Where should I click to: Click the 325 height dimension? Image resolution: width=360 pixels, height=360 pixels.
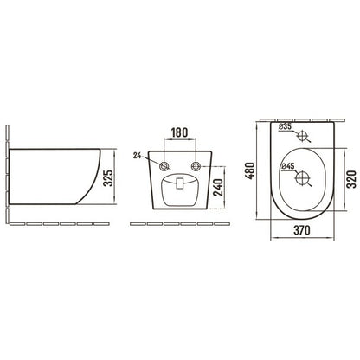click(108, 178)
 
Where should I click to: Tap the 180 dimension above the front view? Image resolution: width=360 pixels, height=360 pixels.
click(179, 132)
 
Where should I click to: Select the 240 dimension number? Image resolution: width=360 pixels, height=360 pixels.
click(218, 188)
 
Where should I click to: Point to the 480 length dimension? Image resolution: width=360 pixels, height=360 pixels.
click(250, 170)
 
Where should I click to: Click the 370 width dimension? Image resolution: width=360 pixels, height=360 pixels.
click(302, 230)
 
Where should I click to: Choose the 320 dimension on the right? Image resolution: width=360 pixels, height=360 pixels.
click(351, 179)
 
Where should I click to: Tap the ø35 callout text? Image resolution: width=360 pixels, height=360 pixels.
click(286, 126)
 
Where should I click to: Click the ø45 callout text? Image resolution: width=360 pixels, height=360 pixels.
click(287, 166)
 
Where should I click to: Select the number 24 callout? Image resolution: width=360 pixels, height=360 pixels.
click(137, 156)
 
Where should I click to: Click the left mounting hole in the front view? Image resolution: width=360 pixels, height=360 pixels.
click(164, 166)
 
